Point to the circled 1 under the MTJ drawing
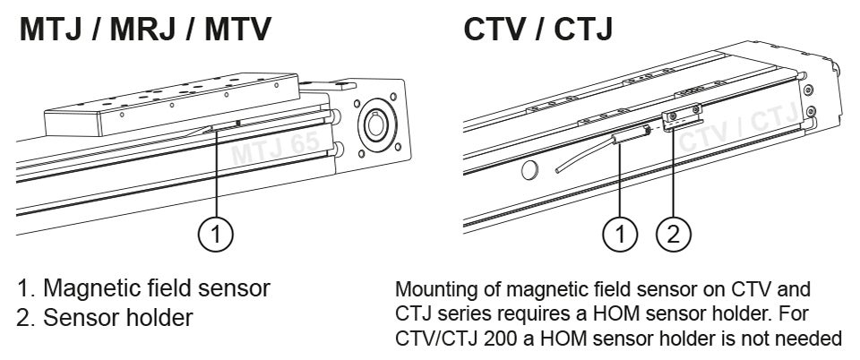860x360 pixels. click(x=216, y=236)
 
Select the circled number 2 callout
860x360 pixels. click(x=675, y=236)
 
